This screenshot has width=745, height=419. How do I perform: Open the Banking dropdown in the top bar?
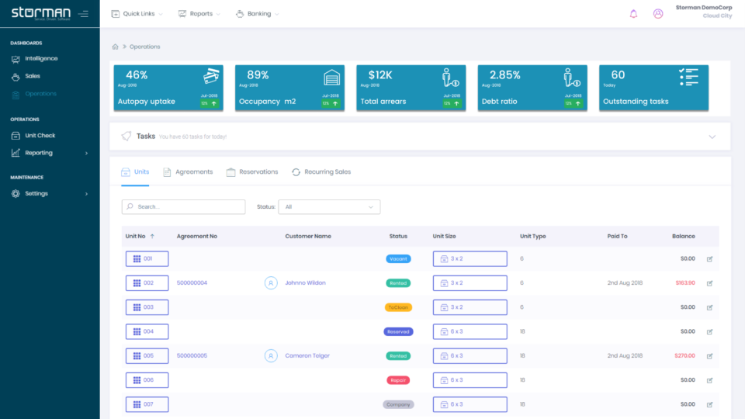(258, 14)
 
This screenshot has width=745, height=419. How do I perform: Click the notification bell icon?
(633, 14)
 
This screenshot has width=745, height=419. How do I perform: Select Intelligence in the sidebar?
(40, 59)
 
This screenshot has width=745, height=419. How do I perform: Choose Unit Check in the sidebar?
(40, 136)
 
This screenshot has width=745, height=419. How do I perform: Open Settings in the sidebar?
(36, 194)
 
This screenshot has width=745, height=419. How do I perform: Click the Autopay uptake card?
(168, 88)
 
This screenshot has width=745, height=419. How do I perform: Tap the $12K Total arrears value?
(380, 75)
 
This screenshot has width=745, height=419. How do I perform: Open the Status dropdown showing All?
(329, 207)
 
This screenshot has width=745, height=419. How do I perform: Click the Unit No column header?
(136, 236)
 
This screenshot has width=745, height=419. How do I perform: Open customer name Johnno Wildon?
(305, 283)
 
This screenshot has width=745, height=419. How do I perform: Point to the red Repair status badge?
(398, 380)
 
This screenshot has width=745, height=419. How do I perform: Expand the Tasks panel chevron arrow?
(712, 137)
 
